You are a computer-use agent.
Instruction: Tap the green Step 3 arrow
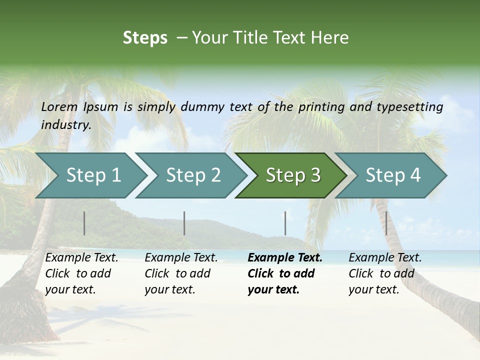(293, 175)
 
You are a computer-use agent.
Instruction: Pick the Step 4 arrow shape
(393, 175)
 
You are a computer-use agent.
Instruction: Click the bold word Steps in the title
(145, 38)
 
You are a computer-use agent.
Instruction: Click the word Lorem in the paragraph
(59, 106)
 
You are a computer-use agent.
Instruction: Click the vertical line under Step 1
(84, 223)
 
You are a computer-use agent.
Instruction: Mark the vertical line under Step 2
(184, 223)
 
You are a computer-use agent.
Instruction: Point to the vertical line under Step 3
(285, 223)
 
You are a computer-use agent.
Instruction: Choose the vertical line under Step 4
(386, 223)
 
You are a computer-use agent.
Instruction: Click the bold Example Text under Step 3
(285, 258)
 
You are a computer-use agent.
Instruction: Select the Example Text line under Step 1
(82, 258)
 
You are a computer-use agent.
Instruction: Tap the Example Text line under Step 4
(385, 258)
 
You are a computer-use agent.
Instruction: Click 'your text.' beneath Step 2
(170, 289)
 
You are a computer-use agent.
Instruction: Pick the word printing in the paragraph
(318, 106)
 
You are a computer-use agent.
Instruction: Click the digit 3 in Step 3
(315, 175)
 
